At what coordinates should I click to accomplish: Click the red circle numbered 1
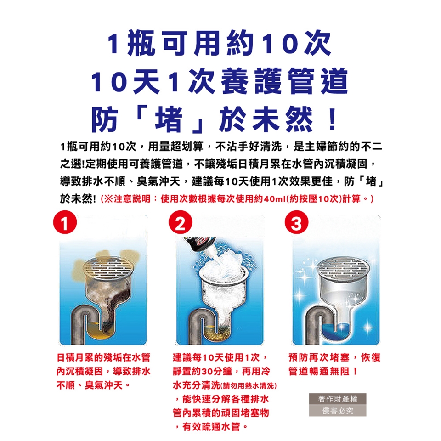tap(65, 222)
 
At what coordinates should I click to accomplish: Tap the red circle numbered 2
tap(180, 222)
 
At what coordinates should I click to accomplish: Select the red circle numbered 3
tap(296, 222)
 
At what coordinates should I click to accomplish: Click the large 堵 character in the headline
tap(169, 119)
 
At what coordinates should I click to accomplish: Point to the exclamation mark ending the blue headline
tap(333, 119)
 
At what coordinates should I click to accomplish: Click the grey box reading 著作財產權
tap(338, 399)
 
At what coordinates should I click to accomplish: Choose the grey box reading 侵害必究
tap(338, 411)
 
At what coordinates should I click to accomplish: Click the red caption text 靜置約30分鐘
tap(202, 371)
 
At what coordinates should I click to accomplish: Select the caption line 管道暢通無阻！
tap(323, 371)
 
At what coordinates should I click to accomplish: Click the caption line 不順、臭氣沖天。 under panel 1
tap(93, 385)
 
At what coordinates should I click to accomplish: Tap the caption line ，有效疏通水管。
tap(211, 427)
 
